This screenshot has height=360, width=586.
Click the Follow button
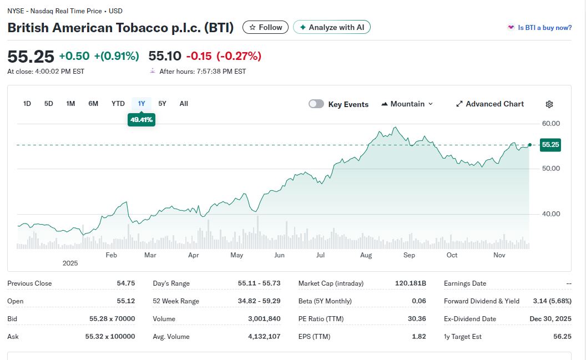pyautogui.click(x=266, y=27)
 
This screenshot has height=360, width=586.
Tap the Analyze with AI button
pyautogui.click(x=331, y=27)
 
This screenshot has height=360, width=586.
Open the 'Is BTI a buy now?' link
pyautogui.click(x=544, y=28)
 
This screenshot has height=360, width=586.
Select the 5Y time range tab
pyautogui.click(x=162, y=104)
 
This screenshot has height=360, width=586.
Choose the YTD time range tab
pyautogui.click(x=118, y=104)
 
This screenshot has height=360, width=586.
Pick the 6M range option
pyautogui.click(x=93, y=104)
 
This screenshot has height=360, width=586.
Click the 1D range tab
pyautogui.click(x=27, y=104)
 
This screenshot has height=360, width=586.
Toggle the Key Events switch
pyautogui.click(x=316, y=104)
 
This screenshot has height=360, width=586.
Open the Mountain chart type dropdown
pyautogui.click(x=407, y=104)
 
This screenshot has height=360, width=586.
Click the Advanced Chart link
pyautogui.click(x=489, y=104)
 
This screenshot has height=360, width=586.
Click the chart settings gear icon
pyautogui.click(x=549, y=104)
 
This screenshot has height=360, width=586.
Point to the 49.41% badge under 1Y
pyautogui.click(x=142, y=119)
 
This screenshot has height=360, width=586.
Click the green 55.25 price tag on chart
pyautogui.click(x=550, y=145)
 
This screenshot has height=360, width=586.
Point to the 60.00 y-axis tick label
pyautogui.click(x=550, y=123)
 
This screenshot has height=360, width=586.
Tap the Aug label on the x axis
pyautogui.click(x=366, y=255)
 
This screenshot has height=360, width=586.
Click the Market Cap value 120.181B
pyautogui.click(x=410, y=283)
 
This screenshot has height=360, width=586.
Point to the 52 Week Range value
pyautogui.click(x=259, y=301)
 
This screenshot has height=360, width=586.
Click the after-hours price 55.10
pyautogui.click(x=165, y=56)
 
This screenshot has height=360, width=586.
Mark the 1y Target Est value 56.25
pyautogui.click(x=562, y=337)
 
